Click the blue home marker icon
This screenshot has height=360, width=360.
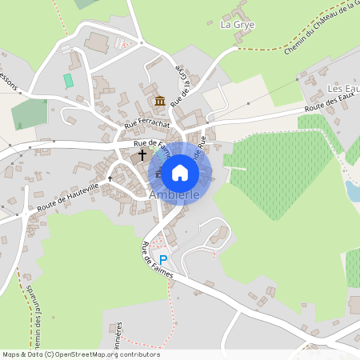pos(180,172)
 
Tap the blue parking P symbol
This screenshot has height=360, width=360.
pos(163,260)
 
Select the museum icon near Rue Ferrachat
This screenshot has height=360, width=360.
pos(160,101)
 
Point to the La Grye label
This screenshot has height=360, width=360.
pos(236,25)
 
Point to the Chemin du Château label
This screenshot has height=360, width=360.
pos(320,28)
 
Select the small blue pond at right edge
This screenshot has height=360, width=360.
pos(352,190)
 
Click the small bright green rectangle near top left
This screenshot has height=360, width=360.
pos(68,81)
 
